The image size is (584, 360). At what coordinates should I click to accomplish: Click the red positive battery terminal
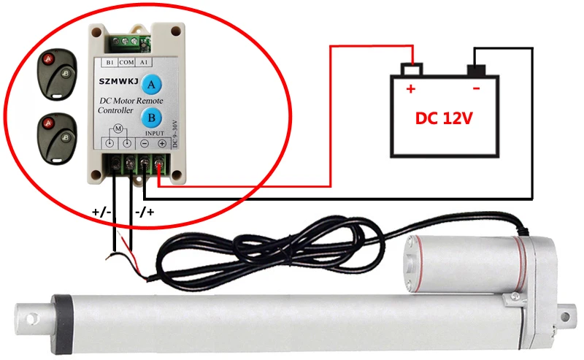(413, 70)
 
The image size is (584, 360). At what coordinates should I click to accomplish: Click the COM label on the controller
(126, 63)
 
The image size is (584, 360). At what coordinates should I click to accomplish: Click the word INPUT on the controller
(155, 133)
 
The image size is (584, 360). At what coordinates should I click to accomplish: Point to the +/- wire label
(101, 212)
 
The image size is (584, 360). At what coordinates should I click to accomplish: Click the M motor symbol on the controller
(118, 129)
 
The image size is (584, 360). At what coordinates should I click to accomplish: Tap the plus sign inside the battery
(410, 90)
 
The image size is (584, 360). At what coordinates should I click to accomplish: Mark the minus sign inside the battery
(476, 90)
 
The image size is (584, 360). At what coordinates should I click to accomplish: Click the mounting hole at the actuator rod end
(31, 320)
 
